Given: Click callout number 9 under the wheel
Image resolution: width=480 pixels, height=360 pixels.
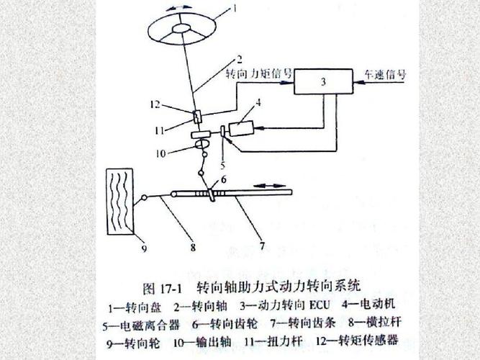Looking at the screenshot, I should [x=144, y=249].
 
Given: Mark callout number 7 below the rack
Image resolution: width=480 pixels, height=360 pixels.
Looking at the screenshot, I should [x=261, y=245].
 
